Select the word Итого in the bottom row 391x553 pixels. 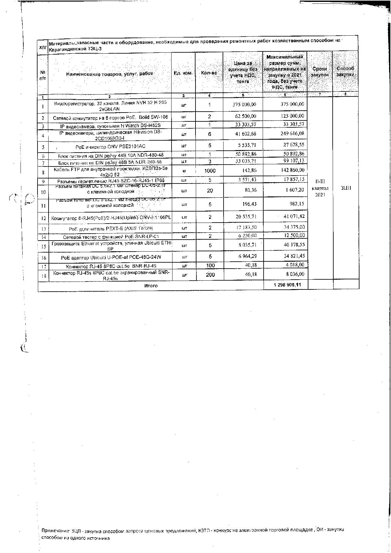click(151, 286)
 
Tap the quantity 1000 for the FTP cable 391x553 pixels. click(210, 171)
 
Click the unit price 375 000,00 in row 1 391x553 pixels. click(244, 104)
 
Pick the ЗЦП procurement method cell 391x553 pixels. click(346, 188)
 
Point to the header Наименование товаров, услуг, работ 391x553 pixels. click(109, 74)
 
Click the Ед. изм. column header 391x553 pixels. click(183, 73)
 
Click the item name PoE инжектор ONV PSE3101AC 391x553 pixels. click(110, 147)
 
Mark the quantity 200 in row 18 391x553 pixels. click(210, 275)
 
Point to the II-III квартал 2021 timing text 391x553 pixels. click(320, 188)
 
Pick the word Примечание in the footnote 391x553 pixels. click(55, 530)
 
